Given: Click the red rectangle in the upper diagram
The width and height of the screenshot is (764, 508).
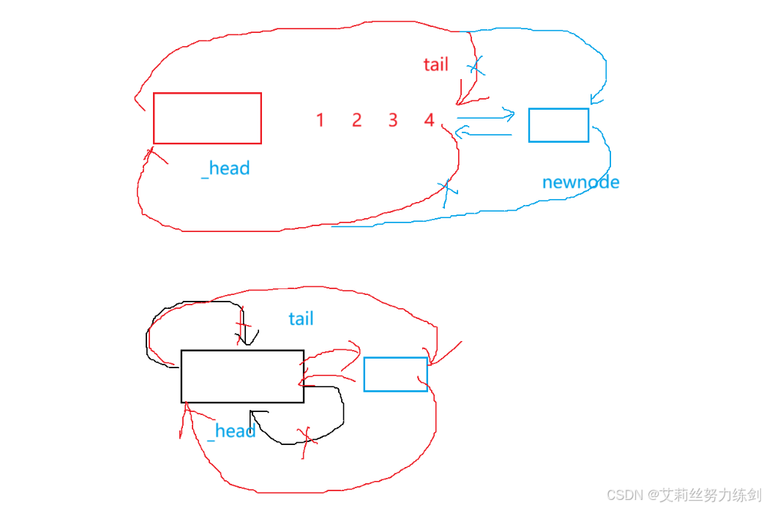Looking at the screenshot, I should click(207, 118).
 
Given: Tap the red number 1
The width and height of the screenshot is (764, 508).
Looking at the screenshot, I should click(320, 120).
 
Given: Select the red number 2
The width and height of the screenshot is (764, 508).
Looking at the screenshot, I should click(356, 120).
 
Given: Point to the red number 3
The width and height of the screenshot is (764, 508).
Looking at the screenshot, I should click(393, 120).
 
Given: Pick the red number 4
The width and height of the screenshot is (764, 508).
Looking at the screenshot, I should click(429, 120).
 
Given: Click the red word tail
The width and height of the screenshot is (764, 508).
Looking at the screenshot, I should click(435, 64).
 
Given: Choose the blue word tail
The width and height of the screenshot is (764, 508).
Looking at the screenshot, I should click(301, 318).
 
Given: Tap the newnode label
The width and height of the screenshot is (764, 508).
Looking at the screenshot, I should click(580, 182).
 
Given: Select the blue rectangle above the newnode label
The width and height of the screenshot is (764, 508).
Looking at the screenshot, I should click(558, 125).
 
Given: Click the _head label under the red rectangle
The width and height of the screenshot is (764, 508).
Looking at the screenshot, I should click(225, 168).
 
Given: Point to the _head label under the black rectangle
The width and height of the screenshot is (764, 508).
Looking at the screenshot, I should click(231, 431).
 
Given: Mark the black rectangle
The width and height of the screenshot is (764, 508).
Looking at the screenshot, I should click(242, 376).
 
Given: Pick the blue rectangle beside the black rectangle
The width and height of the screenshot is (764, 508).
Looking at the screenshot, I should click(395, 374).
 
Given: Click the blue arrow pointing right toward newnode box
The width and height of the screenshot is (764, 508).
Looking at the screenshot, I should click(486, 115).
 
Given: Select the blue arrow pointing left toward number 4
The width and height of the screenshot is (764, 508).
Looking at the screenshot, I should click(483, 132).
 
